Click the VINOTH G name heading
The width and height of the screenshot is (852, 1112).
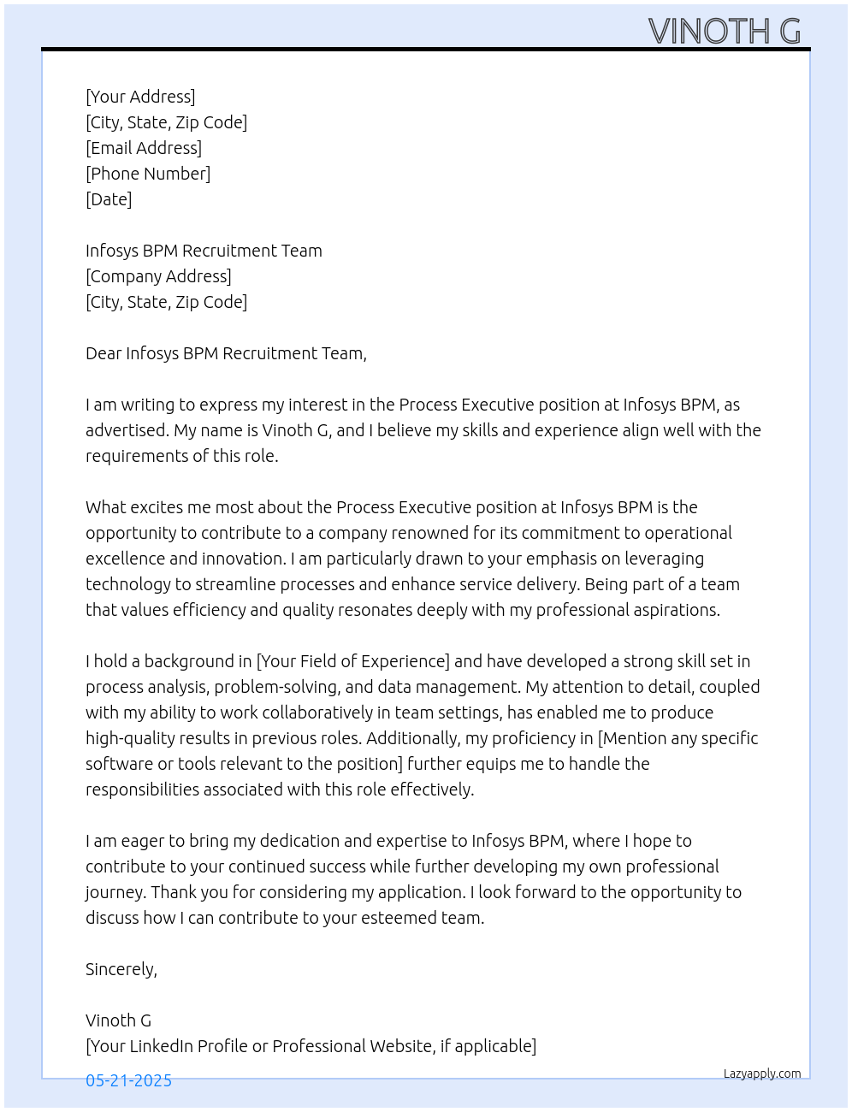click(x=725, y=31)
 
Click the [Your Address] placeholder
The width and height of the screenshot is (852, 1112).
click(x=140, y=97)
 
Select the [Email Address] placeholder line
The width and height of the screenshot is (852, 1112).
click(x=144, y=148)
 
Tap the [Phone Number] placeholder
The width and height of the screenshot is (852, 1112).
click(x=148, y=174)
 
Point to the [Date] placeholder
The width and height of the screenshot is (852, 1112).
click(x=109, y=199)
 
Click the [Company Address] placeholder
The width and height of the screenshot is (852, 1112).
click(x=158, y=276)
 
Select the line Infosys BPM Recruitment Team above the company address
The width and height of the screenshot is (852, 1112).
click(x=204, y=251)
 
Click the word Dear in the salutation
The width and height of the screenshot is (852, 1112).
click(x=104, y=353)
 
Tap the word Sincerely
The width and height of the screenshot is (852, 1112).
click(x=121, y=969)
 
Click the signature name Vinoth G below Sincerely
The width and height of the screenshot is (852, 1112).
click(x=118, y=1020)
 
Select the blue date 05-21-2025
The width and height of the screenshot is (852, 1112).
click(x=128, y=1080)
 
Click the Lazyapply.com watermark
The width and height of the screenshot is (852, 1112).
click(x=762, y=1074)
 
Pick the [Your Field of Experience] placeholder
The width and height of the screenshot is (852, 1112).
click(x=353, y=661)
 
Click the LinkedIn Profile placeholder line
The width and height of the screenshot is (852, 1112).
click(x=311, y=1046)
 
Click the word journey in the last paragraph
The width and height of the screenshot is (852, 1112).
click(x=115, y=892)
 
